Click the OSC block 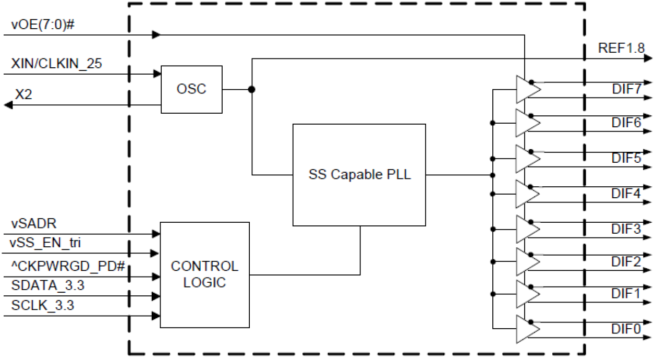(x=191, y=89)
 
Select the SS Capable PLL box (x=359, y=175)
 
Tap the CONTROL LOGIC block (x=204, y=274)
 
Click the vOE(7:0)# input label (x=44, y=25)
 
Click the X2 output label (x=24, y=94)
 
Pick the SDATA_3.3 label (x=46, y=286)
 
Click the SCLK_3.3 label (x=43, y=305)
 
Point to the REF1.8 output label (x=621, y=49)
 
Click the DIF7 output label (x=626, y=88)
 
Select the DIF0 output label (x=626, y=329)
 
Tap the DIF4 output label (x=626, y=193)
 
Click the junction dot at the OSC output (x=252, y=89)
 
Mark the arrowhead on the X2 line (x=8, y=105)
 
